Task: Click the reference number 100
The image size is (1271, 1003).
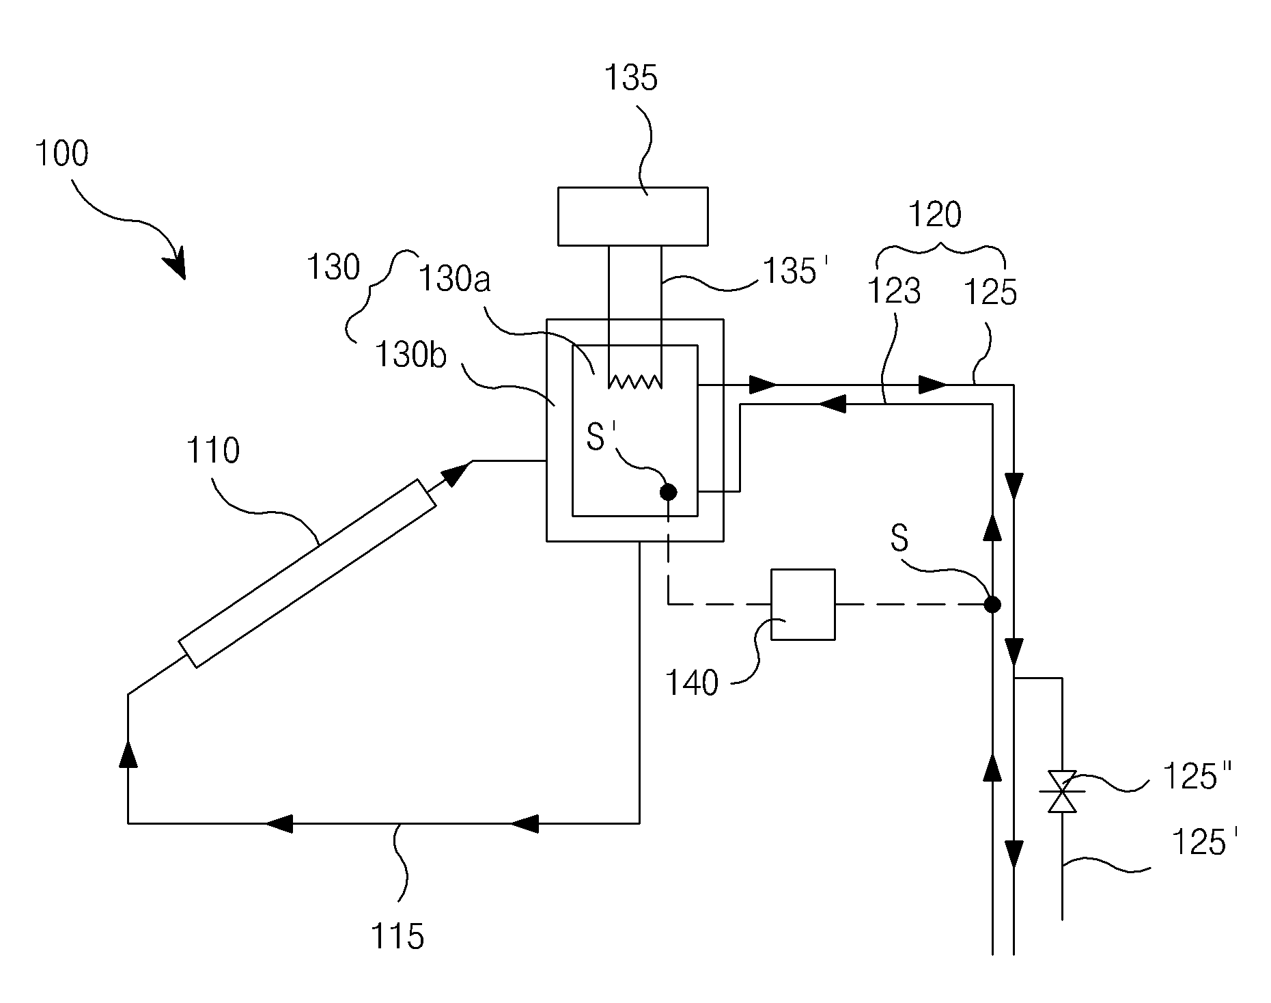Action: [61, 154]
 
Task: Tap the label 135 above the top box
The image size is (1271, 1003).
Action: [630, 78]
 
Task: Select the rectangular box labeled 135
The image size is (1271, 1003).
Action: [632, 216]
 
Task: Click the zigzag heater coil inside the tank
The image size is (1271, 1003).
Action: [635, 381]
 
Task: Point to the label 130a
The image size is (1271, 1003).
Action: [454, 279]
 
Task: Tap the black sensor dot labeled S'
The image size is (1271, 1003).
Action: [669, 491]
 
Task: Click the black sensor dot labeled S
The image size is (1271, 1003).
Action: [992, 604]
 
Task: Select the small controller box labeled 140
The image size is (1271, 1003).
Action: [802, 604]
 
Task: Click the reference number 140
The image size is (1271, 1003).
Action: [692, 683]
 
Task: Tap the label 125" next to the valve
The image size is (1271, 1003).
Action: [1197, 778]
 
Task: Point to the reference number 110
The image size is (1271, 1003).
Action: [212, 451]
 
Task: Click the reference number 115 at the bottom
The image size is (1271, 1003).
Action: [397, 935]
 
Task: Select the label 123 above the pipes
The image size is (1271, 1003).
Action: [893, 291]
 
